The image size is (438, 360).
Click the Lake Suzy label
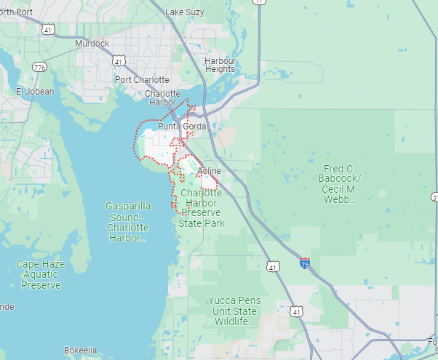coord(186,12)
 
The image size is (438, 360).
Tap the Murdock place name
coord(92,44)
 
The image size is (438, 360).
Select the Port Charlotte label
coord(142,79)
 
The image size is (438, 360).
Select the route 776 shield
coord(39,68)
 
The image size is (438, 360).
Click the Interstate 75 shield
coord(304,263)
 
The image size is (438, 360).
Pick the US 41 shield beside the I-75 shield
coord(273,267)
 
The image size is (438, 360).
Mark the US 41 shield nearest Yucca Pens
coord(296,311)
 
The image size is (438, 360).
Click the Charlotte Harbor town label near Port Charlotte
coord(162,98)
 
